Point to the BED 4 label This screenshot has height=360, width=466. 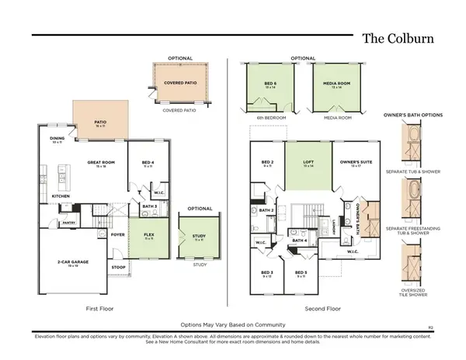(x=147, y=163)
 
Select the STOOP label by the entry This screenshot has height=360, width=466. (x=119, y=267)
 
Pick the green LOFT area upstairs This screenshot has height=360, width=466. (x=308, y=164)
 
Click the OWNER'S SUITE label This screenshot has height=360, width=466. (x=353, y=163)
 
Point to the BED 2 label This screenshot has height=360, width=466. (x=266, y=163)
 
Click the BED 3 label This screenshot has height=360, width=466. (x=266, y=274)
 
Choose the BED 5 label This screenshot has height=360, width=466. (x=301, y=274)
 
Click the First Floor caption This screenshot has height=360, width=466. (x=101, y=308)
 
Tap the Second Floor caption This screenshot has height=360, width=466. (x=323, y=308)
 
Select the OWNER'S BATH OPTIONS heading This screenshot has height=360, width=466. (x=413, y=114)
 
